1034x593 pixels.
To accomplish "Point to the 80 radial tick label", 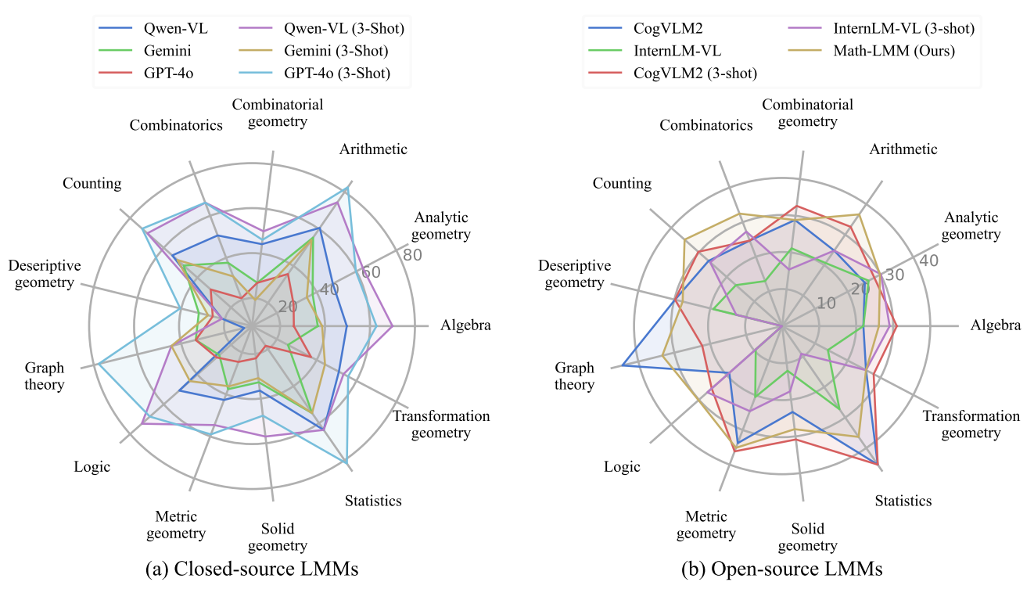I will (x=412, y=255).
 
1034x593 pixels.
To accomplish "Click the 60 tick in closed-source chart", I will (x=370, y=272).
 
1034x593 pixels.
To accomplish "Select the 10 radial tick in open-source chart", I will (x=826, y=304).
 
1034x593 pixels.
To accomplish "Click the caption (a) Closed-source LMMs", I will (x=252, y=570).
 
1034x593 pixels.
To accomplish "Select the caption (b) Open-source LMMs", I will (x=782, y=570).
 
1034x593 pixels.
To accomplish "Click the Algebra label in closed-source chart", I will (x=466, y=325).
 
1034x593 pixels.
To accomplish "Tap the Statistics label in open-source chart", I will (x=903, y=501).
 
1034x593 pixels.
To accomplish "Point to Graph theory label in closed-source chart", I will (x=45, y=376).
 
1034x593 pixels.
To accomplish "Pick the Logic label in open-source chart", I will (x=622, y=467).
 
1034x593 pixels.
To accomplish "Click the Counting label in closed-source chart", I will (x=92, y=184).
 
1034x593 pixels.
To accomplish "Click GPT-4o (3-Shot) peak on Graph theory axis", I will (x=99, y=364).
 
